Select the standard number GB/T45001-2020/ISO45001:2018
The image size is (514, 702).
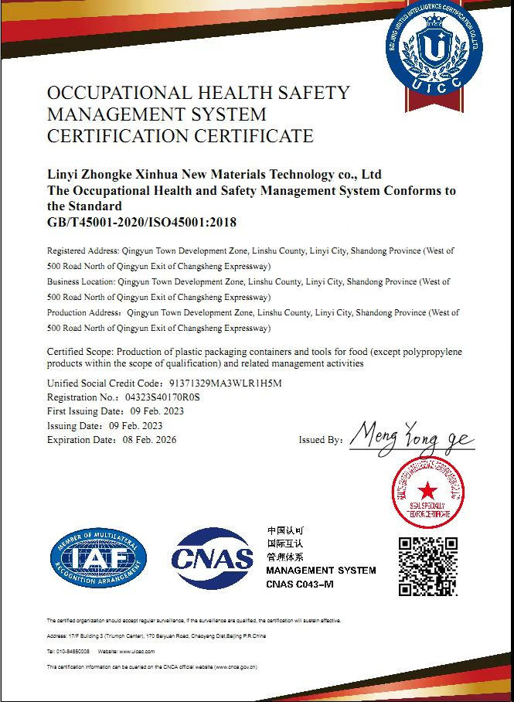(141, 222)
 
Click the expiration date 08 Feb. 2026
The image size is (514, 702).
(150, 440)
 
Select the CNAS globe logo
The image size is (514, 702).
(212, 558)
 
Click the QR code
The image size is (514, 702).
(428, 565)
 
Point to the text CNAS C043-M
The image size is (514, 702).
(300, 584)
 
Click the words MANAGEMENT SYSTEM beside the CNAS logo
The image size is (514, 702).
(321, 571)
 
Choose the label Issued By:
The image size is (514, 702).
(320, 440)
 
